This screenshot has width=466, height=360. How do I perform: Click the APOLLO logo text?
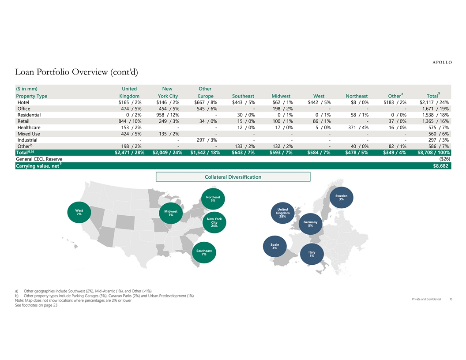click(x=442, y=62)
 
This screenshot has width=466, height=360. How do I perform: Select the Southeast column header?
click(x=243, y=96)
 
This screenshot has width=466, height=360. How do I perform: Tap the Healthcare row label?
click(x=29, y=127)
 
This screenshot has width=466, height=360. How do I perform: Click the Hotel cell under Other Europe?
click(x=206, y=102)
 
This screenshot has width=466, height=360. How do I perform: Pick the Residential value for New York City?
click(x=168, y=115)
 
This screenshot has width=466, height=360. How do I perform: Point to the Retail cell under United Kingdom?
click(x=130, y=121)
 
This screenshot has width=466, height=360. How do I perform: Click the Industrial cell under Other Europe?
click(x=207, y=140)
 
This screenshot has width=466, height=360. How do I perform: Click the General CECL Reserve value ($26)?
click(x=445, y=159)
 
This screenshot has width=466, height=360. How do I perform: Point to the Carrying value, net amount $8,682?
click(x=440, y=166)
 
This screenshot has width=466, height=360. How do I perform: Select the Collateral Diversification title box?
click(x=233, y=177)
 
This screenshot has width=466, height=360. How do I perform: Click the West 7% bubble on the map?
click(x=79, y=212)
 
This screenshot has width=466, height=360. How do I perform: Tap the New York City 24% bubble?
click(x=214, y=222)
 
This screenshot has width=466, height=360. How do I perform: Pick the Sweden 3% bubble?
click(x=342, y=198)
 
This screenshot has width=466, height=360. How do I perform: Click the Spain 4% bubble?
click(x=275, y=246)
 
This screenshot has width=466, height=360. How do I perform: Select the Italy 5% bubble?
click(x=312, y=254)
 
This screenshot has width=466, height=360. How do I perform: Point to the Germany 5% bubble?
click(x=310, y=224)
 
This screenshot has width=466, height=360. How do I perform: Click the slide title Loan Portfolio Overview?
click(x=76, y=72)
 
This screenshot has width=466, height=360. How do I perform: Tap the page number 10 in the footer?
click(x=451, y=299)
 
